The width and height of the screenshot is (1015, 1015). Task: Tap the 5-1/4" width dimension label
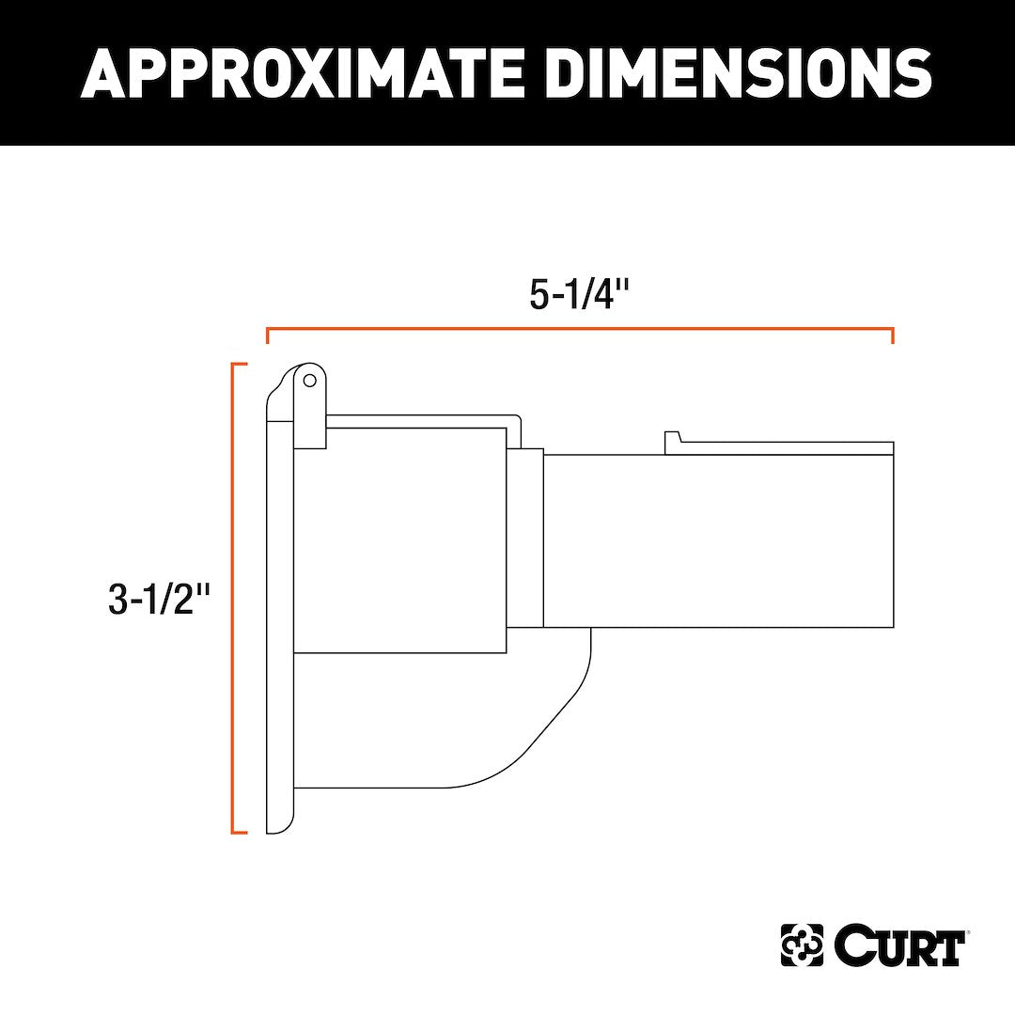[578, 295]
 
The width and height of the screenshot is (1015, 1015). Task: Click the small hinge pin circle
[309, 381]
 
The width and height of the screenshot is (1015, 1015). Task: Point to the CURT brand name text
[898, 946]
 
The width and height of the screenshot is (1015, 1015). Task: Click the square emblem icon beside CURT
[802, 946]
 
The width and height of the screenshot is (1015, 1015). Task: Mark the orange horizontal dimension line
[580, 329]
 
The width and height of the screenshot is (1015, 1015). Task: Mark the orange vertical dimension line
[233, 598]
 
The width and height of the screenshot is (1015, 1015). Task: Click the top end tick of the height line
[240, 364]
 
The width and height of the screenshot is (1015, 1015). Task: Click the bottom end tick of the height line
[240, 832]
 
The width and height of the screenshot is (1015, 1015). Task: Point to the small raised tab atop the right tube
[672, 440]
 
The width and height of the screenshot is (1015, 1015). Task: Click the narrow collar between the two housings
[525, 538]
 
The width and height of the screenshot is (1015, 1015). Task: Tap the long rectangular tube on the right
[719, 541]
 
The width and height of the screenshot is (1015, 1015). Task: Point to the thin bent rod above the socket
[423, 417]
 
